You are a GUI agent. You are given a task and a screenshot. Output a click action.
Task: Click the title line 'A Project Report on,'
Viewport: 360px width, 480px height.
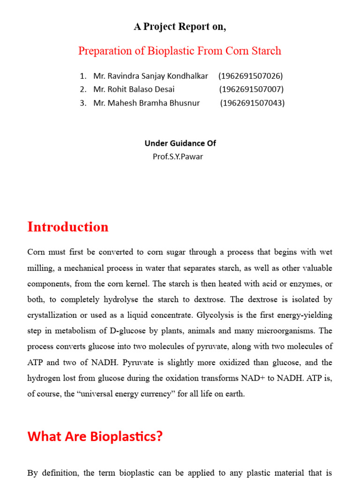click(x=180, y=27)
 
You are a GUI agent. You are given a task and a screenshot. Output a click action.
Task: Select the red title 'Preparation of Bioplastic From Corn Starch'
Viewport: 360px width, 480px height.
click(x=180, y=51)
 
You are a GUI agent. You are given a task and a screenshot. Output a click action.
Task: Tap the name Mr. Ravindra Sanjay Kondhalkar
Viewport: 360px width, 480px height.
click(x=150, y=76)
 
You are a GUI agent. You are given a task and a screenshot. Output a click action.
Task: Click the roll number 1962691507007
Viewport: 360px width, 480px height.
click(x=251, y=89)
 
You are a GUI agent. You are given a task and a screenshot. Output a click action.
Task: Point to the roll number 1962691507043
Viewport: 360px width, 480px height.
click(x=252, y=103)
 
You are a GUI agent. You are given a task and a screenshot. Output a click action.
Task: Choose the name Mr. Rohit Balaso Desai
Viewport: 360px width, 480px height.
click(x=134, y=89)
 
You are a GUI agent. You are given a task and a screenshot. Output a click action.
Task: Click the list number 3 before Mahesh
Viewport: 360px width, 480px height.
click(x=83, y=103)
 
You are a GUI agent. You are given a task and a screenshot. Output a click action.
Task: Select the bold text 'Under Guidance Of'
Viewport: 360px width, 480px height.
click(x=180, y=143)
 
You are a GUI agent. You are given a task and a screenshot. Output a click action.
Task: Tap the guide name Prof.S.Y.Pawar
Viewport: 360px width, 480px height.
click(x=178, y=156)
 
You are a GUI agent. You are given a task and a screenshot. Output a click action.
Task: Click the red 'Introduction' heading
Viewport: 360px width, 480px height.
click(x=68, y=227)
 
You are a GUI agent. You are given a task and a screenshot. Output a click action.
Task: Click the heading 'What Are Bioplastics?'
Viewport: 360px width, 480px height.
click(x=95, y=436)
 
